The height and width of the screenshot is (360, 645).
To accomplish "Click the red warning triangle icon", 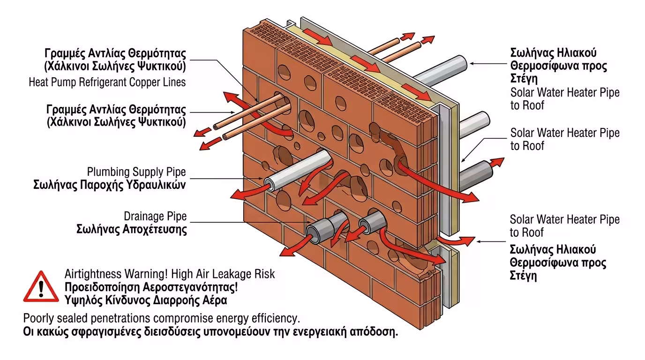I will [x=41, y=286].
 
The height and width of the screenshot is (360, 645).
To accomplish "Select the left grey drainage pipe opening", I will [x=313, y=231].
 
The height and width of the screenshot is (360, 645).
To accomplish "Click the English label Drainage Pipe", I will [x=155, y=216].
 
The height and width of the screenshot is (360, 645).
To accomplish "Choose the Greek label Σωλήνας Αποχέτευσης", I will [x=131, y=229].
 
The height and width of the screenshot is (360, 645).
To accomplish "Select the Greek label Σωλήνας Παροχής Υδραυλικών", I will [x=109, y=185].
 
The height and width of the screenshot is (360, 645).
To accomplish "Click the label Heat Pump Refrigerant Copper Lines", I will [x=107, y=82].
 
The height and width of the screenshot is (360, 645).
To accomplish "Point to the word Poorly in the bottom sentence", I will [x=38, y=318].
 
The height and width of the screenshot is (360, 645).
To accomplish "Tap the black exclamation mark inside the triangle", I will [x=41, y=289].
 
